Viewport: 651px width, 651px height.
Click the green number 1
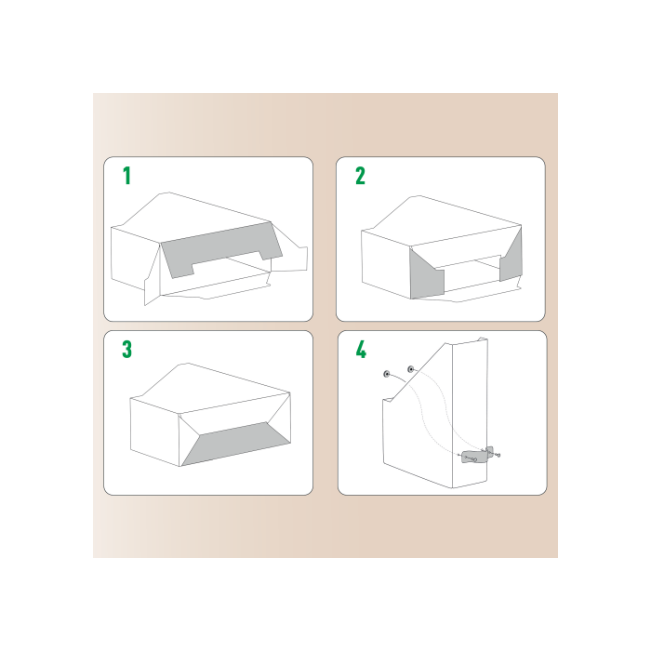click(127, 176)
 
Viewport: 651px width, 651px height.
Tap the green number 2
click(360, 176)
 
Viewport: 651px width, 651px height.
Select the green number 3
click(127, 350)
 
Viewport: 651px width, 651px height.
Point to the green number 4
click(361, 350)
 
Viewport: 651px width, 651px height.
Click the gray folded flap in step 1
click(219, 251)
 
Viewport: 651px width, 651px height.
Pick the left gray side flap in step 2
click(426, 276)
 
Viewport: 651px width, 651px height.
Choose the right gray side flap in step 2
click(511, 257)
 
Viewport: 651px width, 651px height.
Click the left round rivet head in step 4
click(386, 374)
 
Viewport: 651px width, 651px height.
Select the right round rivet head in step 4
click(411, 369)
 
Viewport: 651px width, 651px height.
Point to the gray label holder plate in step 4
click(473, 456)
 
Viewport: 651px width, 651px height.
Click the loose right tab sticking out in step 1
click(293, 258)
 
